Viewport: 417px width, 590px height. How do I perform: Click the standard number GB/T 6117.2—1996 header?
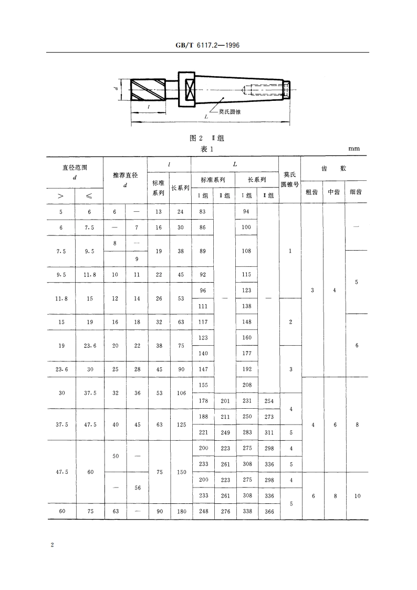tap(208, 46)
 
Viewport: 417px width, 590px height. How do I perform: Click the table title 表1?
tap(207, 149)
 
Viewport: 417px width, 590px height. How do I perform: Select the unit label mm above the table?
tap(354, 149)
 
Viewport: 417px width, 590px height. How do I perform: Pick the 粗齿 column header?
tap(311, 192)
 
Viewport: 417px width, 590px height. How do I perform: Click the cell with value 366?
tap(268, 511)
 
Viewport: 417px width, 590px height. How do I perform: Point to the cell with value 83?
tap(202, 211)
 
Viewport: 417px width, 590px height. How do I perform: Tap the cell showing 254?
tap(268, 401)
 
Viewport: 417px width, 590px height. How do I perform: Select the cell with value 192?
tap(246, 369)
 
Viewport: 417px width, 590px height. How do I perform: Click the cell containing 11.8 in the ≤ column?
tap(90, 274)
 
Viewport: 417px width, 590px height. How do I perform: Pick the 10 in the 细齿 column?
tap(357, 495)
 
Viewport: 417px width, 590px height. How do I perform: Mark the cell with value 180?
tap(181, 511)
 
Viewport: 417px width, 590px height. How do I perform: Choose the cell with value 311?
tap(268, 432)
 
